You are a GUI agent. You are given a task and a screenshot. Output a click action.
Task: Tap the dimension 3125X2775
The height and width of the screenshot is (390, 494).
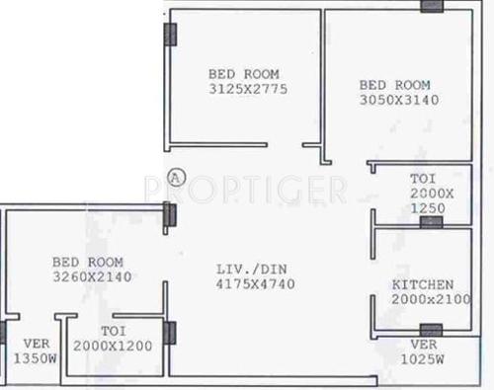pyautogui.click(x=244, y=89)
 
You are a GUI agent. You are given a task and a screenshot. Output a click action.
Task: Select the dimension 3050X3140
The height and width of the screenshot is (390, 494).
pyautogui.click(x=399, y=100)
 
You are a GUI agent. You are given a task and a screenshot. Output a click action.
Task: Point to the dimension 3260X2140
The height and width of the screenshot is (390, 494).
pyautogui.click(x=88, y=277)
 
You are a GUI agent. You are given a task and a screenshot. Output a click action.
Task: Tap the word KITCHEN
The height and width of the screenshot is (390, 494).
pyautogui.click(x=423, y=284)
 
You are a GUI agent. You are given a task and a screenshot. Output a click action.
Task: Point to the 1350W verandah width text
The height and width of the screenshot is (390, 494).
pyautogui.click(x=25, y=359)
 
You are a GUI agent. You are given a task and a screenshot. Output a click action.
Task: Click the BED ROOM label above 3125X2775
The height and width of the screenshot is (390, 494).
pyautogui.click(x=244, y=74)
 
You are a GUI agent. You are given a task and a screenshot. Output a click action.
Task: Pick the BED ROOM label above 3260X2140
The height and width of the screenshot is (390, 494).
pyautogui.click(x=88, y=263)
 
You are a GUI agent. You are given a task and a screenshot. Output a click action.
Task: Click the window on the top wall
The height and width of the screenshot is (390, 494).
pyautogui.click(x=432, y=6)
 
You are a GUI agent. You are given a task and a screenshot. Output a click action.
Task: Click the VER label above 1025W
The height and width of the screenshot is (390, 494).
pyautogui.click(x=424, y=345)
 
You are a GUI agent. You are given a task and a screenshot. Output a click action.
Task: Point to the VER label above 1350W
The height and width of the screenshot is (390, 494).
pyautogui.click(x=25, y=345)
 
